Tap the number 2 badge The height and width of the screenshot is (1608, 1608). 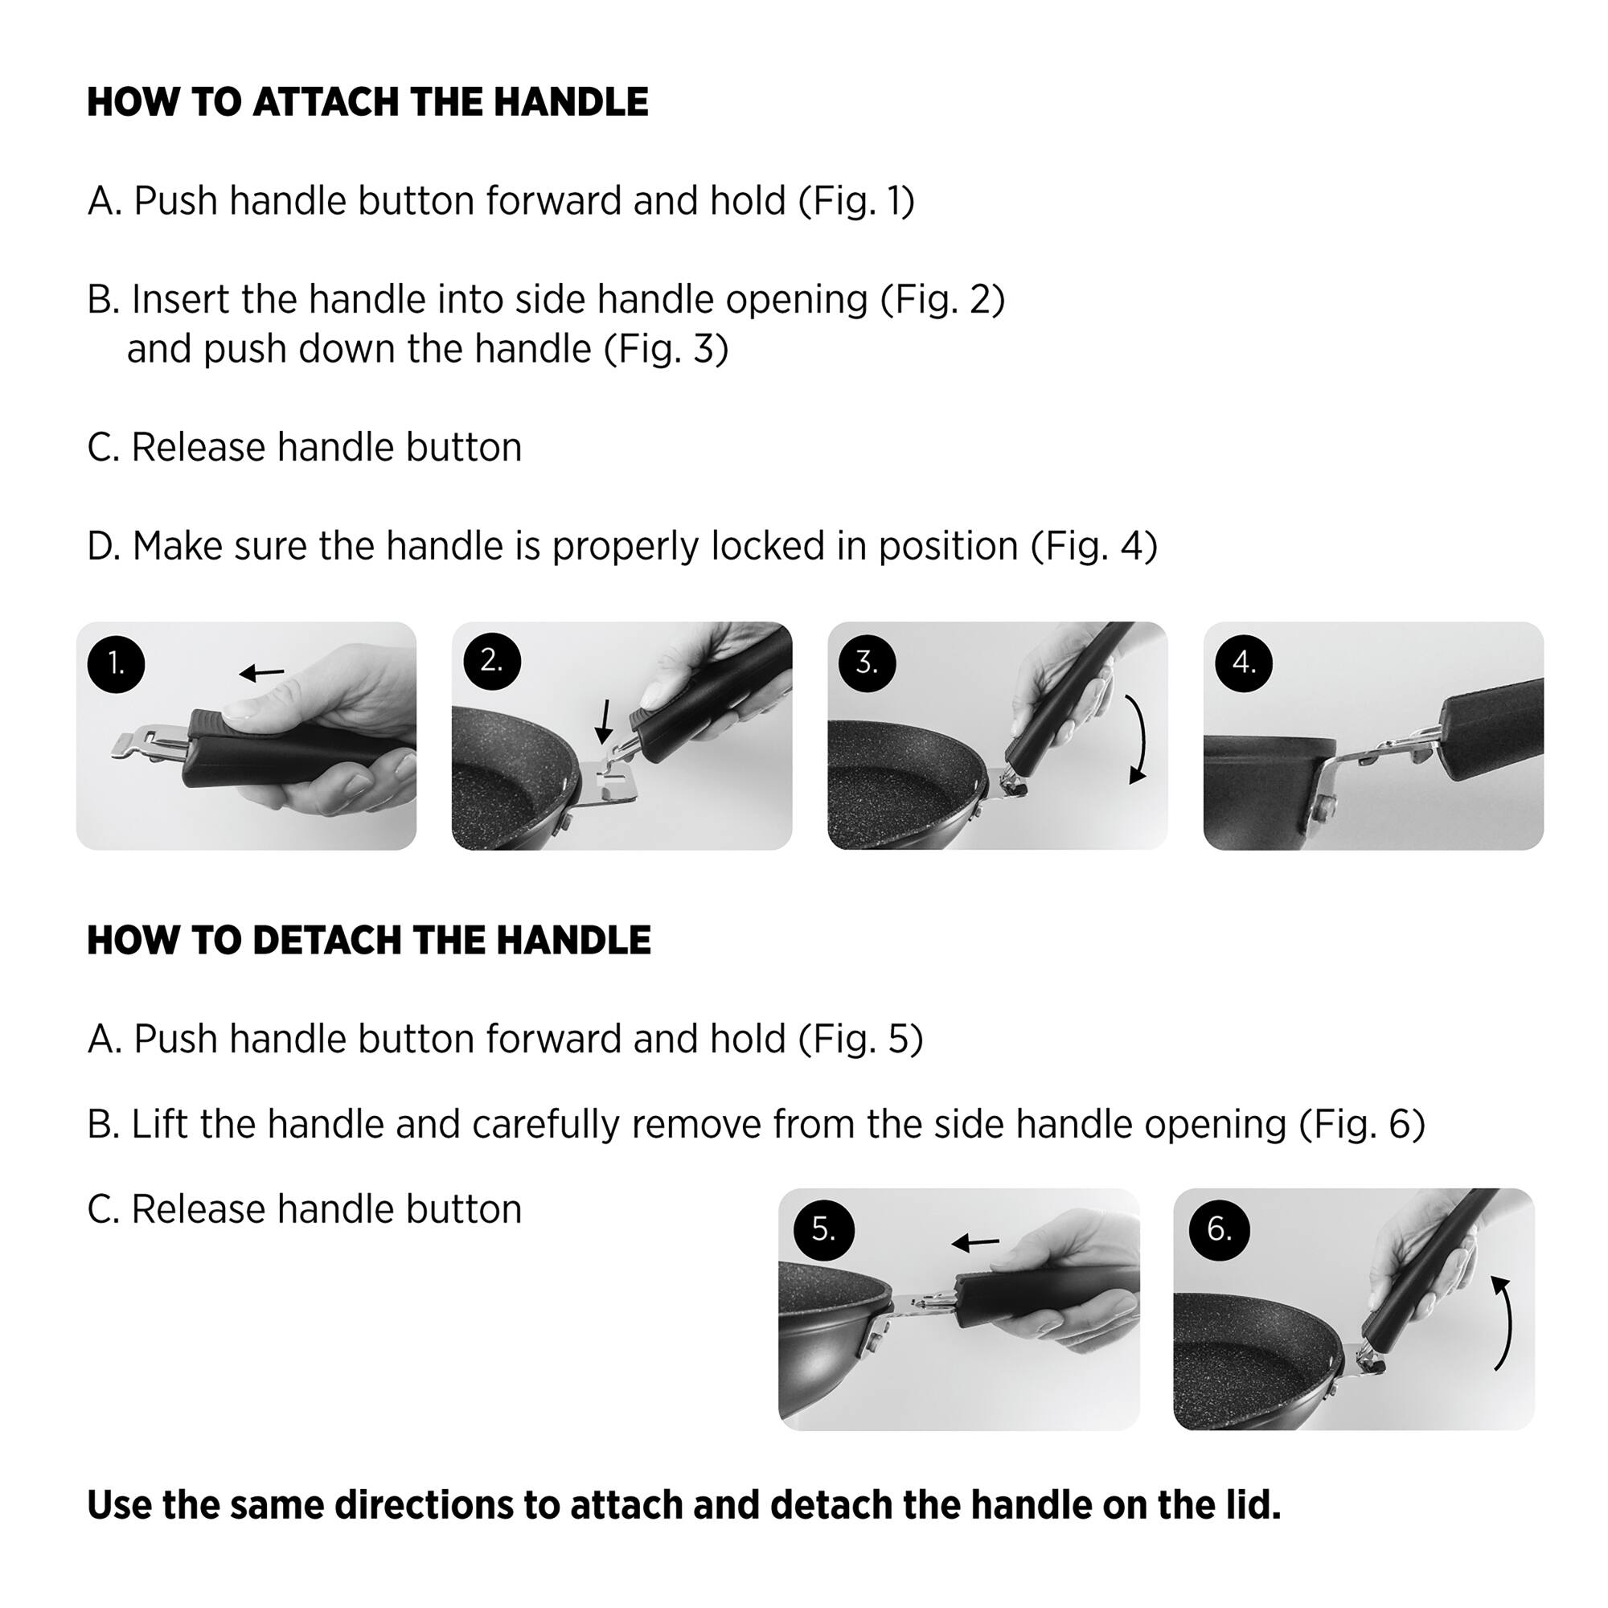[x=492, y=661]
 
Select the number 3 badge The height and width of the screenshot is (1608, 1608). [x=868, y=662]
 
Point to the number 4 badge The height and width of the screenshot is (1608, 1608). [x=1244, y=662]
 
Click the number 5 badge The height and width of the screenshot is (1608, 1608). [x=823, y=1229]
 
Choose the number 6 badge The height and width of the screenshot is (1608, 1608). [x=1220, y=1229]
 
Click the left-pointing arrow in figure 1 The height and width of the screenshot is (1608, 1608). [x=261, y=672]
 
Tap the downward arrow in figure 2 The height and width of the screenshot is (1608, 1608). [x=605, y=720]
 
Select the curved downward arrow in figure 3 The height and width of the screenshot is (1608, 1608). [x=1140, y=739]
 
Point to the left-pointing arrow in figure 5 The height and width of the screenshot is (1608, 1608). [x=975, y=1244]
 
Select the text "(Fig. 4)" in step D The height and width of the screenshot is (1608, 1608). [x=1094, y=547]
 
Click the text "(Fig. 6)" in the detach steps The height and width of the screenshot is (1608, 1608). [x=1363, y=1125]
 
